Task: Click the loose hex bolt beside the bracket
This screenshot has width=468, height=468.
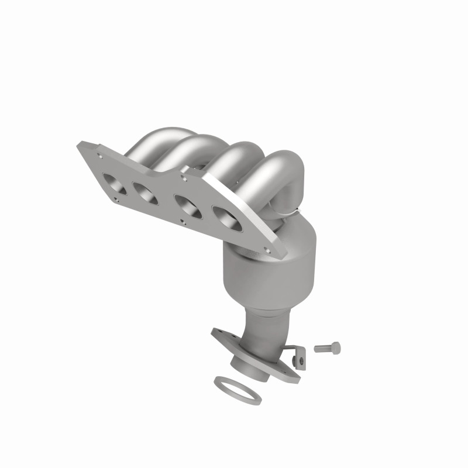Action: tap(326, 347)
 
